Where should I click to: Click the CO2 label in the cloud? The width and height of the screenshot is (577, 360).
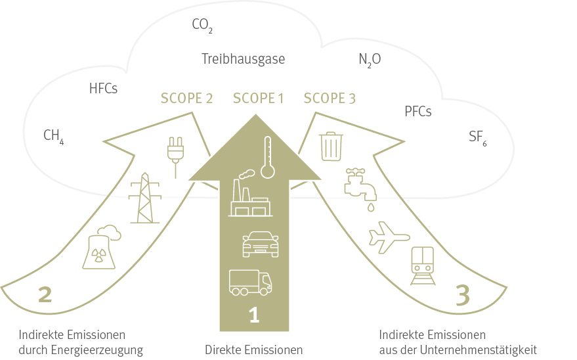tap(202, 26)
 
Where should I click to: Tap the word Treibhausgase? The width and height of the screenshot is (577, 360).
tap(244, 59)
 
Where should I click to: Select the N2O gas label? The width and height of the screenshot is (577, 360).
tap(370, 60)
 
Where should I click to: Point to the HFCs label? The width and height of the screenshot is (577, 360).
tap(104, 88)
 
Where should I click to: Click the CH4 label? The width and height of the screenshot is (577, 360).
tap(53, 136)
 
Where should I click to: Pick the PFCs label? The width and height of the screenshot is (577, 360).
tap(417, 111)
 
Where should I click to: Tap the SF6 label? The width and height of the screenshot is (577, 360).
tap(477, 137)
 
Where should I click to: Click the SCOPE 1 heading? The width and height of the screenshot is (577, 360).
tap(259, 99)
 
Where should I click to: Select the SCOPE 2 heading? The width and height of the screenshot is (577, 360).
tap(186, 99)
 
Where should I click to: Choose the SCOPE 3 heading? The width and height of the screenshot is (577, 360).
tap(330, 99)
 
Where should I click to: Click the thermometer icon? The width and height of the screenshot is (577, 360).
tap(268, 158)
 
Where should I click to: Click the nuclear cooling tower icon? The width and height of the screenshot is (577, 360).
tap(101, 248)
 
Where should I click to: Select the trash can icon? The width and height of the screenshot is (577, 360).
tap(331, 146)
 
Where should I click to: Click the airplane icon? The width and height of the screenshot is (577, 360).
tap(389, 237)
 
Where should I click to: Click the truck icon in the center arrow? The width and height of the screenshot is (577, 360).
tap(250, 282)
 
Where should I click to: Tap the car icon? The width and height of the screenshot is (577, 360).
tap(261, 244)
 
